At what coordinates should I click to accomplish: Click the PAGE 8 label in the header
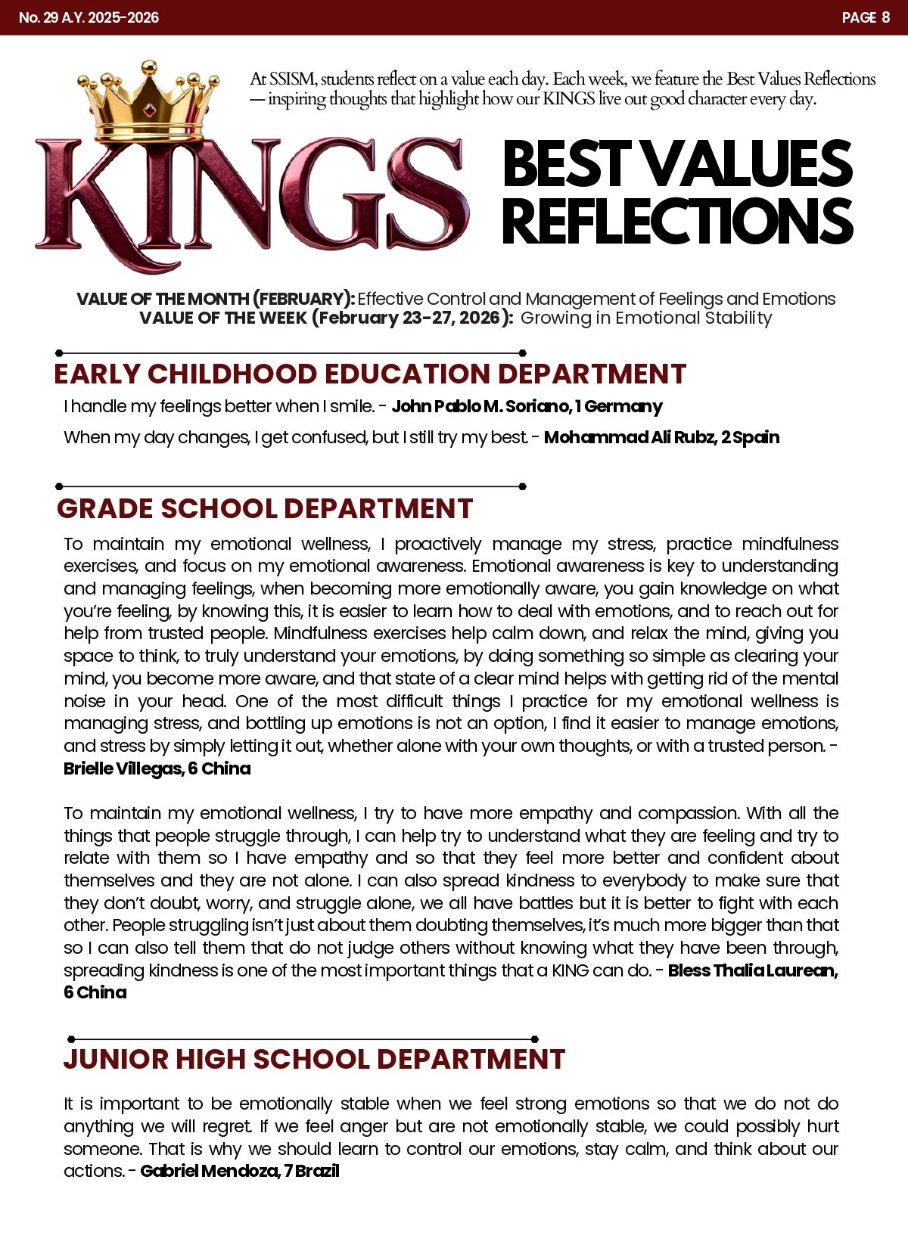866,17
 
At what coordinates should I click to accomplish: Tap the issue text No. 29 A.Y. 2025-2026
89,17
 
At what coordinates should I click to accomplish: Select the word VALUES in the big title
748,164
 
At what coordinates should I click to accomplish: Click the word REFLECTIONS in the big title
676,222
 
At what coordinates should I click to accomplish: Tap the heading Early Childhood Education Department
369,374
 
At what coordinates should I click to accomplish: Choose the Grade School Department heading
265,509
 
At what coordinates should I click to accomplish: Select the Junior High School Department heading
314,1060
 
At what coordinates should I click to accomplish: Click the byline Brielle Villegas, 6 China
157,768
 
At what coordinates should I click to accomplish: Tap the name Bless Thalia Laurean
752,970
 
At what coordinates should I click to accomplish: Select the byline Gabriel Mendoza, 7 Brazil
240,1171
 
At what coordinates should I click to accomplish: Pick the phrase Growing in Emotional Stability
646,318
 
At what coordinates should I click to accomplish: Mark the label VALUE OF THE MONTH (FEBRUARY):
216,299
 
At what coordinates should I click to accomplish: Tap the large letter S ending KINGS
424,194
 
